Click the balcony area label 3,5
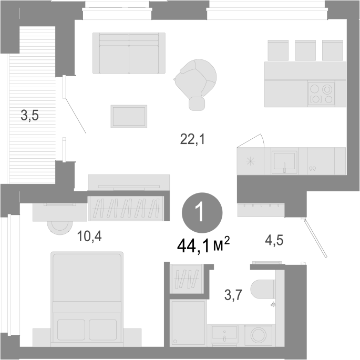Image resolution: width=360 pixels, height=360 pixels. point(29,115)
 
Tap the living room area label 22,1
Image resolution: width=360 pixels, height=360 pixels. point(192,139)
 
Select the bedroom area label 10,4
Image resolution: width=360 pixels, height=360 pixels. point(89,236)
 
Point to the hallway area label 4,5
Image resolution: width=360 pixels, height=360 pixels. point(274,240)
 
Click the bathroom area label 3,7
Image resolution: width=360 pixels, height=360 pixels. point(233,295)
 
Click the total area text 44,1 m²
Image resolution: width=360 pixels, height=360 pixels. point(203,245)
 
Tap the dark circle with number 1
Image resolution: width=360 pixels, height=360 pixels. point(202,213)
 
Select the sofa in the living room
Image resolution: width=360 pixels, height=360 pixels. point(129,53)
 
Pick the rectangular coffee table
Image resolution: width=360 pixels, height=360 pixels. point(129,116)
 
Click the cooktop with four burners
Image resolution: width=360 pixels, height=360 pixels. point(321,94)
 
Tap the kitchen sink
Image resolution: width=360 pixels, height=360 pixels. point(284,162)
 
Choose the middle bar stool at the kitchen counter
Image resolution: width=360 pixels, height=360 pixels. point(305,50)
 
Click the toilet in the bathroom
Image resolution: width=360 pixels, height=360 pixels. point(263,289)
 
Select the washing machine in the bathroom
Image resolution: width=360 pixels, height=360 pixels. point(258,335)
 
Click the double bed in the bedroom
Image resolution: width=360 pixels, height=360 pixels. point(87,299)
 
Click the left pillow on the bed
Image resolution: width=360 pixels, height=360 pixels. point(71,330)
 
